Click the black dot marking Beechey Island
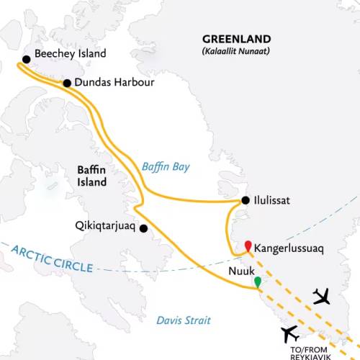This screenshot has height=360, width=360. coord(26,59)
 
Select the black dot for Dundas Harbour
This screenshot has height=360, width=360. coord(67,84)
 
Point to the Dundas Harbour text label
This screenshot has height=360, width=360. coord(114,84)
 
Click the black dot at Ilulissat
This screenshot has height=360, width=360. coord(246,201)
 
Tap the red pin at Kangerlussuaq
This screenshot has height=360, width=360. coord(248,247)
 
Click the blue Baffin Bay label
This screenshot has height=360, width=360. coord(165,167)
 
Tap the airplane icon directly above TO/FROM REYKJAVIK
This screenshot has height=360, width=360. coord(291,334)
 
